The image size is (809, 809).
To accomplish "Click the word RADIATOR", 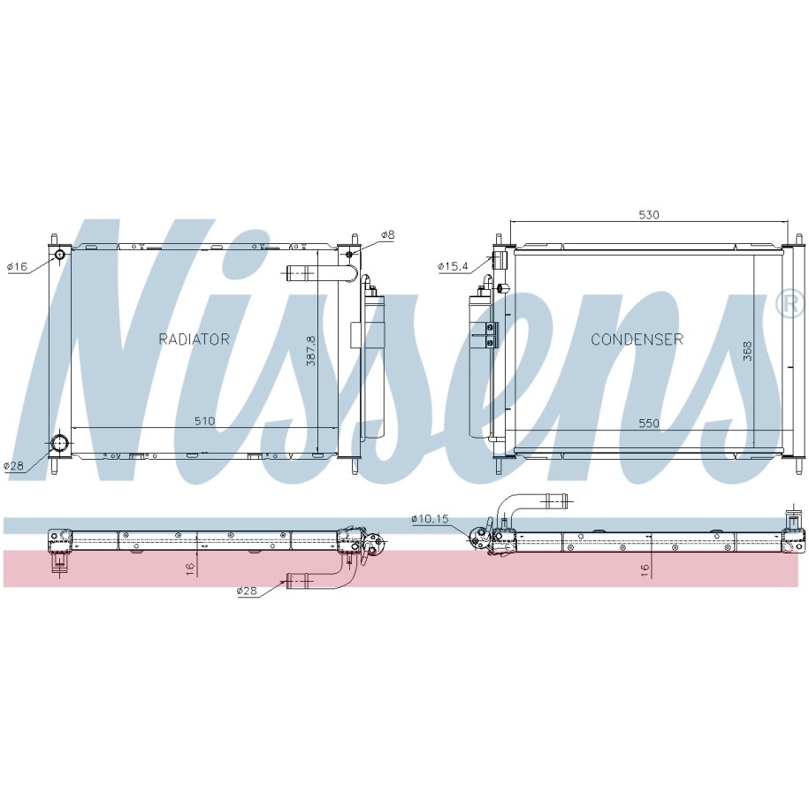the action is point(194,339).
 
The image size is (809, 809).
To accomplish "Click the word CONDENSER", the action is point(637,339).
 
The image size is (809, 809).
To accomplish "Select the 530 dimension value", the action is point(649,215).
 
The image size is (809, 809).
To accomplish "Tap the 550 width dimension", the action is point(649,424).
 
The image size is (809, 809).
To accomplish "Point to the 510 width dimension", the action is point(204,421).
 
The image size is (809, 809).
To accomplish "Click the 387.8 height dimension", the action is point(310,351).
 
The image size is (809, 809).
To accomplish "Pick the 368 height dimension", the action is point(748,351).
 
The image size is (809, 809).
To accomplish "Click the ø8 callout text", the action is point(387,235).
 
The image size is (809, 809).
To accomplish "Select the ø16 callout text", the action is point(17,267).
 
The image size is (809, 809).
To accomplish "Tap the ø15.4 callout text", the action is point(453,266).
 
